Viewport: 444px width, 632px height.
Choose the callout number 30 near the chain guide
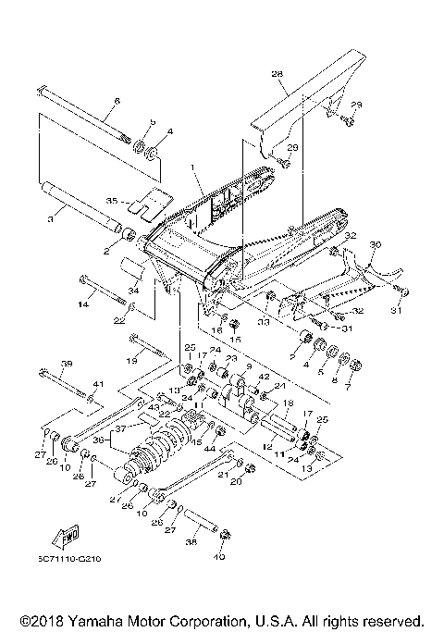click(375, 246)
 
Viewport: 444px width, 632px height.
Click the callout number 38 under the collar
click(192, 544)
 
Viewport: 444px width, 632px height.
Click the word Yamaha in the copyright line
click(97, 620)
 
